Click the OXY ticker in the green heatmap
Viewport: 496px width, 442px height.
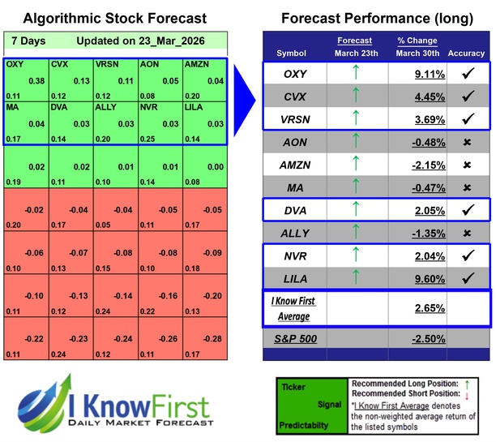[x=15, y=63]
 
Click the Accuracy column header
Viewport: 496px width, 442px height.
[x=465, y=54]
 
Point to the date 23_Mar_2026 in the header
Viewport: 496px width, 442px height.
[x=169, y=41]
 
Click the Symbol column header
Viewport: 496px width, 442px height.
[x=292, y=54]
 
